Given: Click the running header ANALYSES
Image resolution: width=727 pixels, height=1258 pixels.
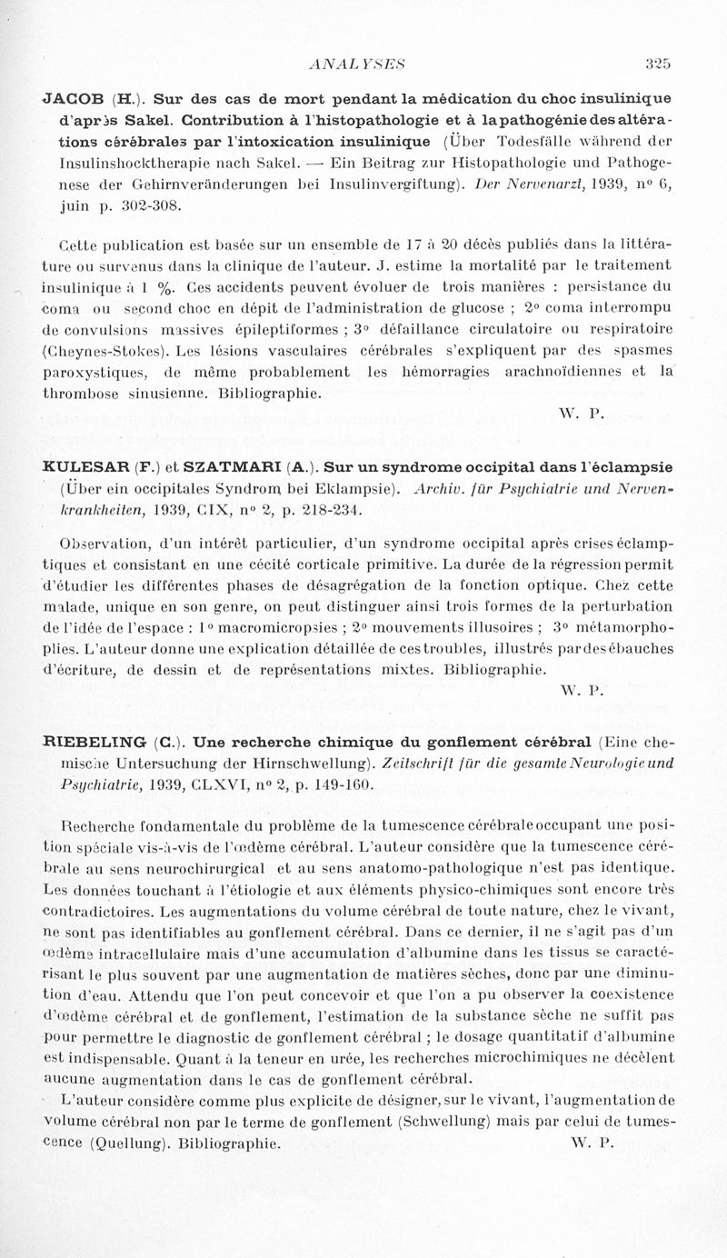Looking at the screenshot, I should (x=356, y=64).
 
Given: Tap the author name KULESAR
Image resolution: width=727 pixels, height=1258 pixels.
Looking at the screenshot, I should (x=88, y=468).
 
